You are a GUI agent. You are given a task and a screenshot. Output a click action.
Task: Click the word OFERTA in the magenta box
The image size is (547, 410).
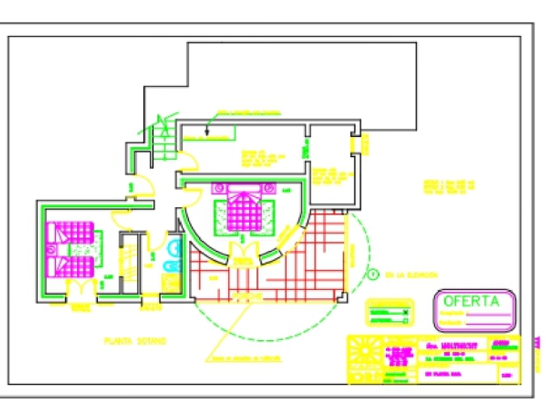pyautogui.click(x=471, y=301)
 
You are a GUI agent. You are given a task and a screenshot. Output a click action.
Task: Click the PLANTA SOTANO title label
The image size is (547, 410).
pyautogui.click(x=135, y=340)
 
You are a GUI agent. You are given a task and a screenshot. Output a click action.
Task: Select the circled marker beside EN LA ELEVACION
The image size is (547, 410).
pyautogui.click(x=372, y=275)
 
